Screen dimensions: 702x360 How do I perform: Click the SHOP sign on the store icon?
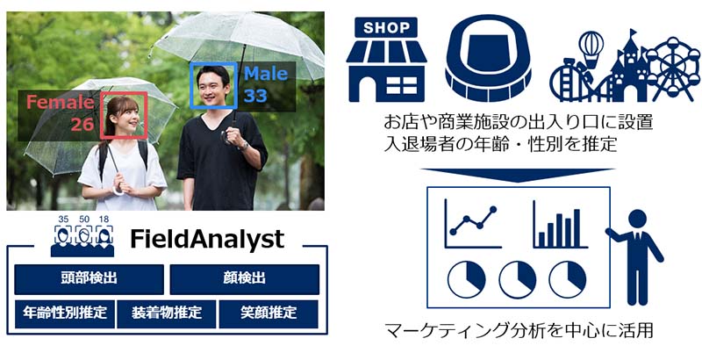[x=386, y=27]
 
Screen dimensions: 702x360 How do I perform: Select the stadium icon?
[x=488, y=58]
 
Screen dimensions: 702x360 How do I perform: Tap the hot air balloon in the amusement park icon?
[x=591, y=46]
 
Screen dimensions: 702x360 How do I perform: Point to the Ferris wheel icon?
[x=672, y=68]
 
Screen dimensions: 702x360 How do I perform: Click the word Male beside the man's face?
[x=266, y=74]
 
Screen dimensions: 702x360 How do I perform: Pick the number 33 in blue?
[x=255, y=96]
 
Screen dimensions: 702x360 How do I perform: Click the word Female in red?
[x=60, y=102]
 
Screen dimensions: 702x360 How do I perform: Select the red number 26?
[x=82, y=124]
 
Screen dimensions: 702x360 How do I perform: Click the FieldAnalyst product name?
[x=207, y=239]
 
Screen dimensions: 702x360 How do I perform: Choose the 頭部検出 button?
[x=90, y=279]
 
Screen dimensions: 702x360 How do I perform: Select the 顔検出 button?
[x=245, y=279]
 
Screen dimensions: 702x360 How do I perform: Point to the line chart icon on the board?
[x=472, y=223]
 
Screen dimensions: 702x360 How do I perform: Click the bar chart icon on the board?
[x=560, y=224]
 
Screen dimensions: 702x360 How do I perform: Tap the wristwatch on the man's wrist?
[x=245, y=146]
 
